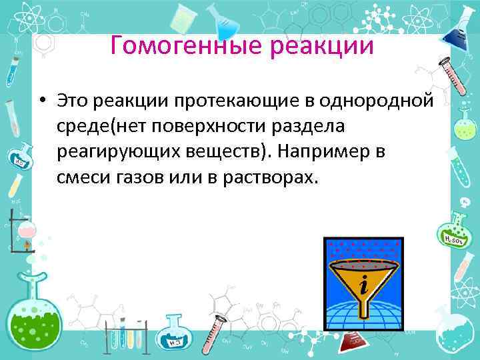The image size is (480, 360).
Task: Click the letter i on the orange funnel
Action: tap(363, 286)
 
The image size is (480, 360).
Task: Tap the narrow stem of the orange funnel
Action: tap(363, 308)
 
